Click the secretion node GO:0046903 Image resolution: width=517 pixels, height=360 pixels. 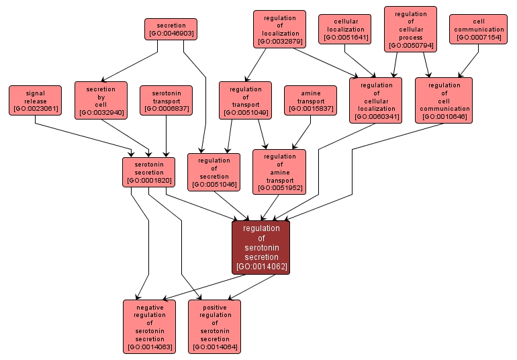coord(171,29)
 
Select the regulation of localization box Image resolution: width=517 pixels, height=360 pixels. coord(279,29)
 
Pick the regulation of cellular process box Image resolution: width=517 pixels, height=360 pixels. coord(410,29)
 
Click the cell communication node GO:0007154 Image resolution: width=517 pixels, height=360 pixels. coord(479,29)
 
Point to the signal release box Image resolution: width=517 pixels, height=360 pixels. coord(35,100)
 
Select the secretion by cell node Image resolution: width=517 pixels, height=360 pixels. coord(101,100)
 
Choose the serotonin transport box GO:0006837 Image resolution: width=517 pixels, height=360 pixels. coord(166,100)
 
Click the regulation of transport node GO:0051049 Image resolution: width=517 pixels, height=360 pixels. coord(245,100)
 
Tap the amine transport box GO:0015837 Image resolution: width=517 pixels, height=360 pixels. coord(310,100)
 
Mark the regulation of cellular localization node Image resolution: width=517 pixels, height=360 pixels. coord(376,100)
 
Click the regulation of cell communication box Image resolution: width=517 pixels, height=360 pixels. coord(444,100)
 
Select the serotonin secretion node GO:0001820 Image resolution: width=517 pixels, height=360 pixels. coord(148,172)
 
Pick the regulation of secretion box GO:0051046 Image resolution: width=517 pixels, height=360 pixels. coord(214,172)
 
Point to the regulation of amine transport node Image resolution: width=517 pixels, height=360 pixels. coord(279,172)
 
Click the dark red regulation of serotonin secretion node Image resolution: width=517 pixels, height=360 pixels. coord(261,247)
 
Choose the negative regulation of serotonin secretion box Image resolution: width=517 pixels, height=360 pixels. coord(149,326)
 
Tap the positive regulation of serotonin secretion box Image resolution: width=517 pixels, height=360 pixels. coord(215,326)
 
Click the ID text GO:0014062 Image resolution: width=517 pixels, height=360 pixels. coord(261,267)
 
